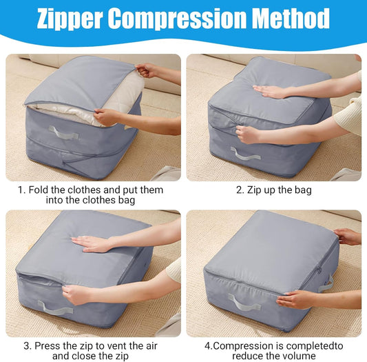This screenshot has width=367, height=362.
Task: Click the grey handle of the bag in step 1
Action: pos(63,132)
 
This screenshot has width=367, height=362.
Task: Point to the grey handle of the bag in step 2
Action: pos(245,154)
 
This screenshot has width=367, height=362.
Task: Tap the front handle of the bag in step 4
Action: pos(242,301)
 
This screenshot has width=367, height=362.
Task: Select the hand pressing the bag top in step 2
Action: pos(271,91)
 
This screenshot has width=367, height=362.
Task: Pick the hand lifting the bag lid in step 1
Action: pos(147,70)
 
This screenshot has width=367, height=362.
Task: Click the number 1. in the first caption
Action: pos(23,189)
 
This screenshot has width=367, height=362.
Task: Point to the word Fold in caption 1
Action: pos(41,189)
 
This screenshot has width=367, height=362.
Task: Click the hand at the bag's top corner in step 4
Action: pos(348,237)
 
